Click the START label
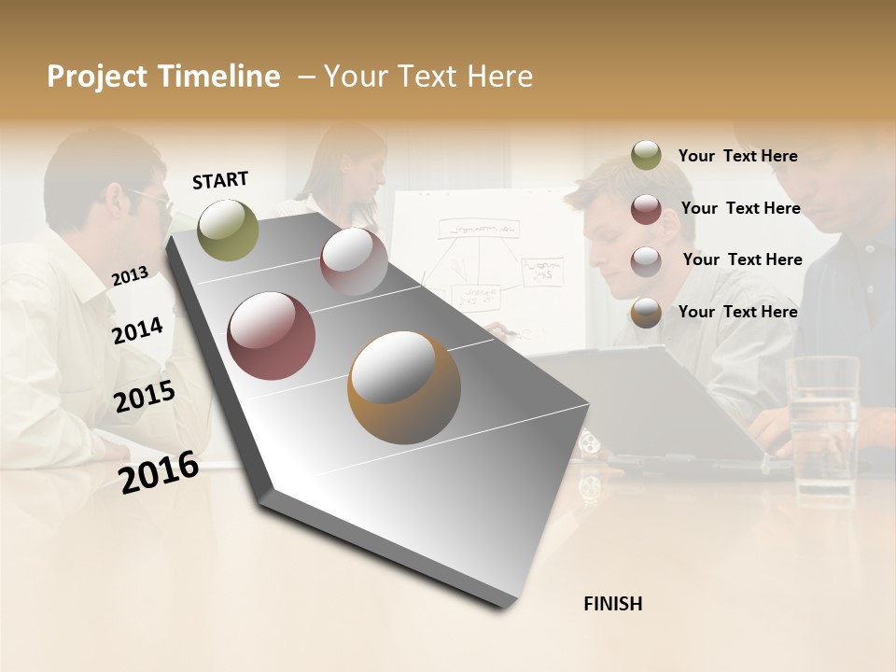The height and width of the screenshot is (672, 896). [220, 179]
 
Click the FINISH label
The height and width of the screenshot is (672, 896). [612, 604]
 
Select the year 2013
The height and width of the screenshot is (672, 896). [130, 275]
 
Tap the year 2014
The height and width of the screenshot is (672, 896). [137, 330]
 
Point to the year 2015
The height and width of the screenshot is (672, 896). [145, 397]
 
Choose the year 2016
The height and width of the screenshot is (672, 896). [159, 471]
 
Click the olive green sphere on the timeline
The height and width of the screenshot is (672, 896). [228, 230]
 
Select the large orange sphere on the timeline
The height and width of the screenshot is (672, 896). [404, 387]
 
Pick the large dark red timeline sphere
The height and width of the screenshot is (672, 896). [272, 336]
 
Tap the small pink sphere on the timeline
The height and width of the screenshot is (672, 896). [354, 261]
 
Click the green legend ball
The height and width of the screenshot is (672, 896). [646, 156]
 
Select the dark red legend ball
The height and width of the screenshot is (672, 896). [646, 208]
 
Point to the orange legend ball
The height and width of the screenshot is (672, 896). [646, 312]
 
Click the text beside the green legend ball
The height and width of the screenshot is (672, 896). [737, 156]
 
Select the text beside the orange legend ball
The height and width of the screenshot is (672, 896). [737, 312]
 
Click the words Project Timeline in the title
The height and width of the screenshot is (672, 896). [163, 77]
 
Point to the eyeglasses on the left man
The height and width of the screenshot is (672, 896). [154, 199]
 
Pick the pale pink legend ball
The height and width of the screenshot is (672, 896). [646, 260]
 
